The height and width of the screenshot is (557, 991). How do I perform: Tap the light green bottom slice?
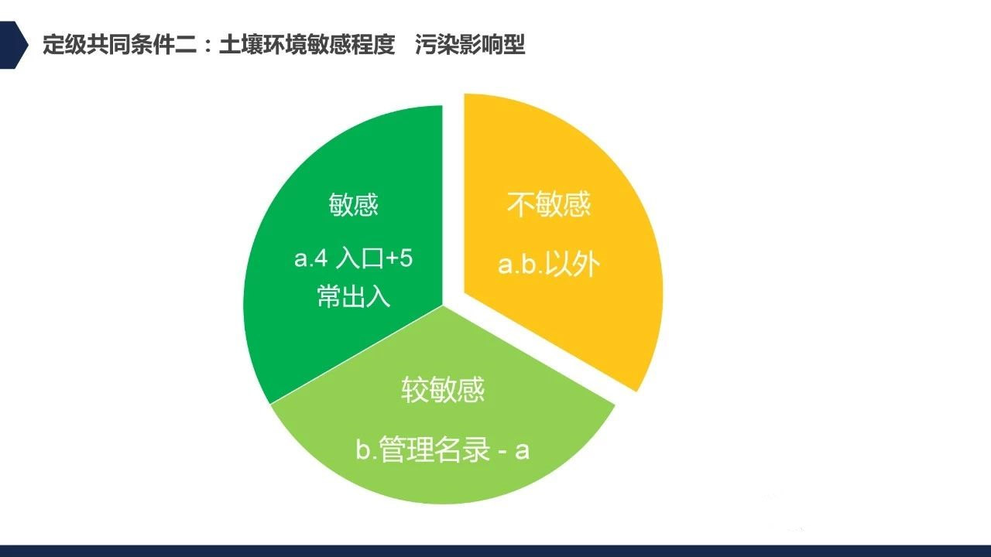442,425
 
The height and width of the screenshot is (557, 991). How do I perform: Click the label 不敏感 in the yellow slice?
549,204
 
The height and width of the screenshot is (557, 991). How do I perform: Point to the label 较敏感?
443,389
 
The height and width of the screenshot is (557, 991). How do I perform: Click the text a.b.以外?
549,264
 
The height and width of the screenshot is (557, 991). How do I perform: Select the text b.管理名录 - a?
442,449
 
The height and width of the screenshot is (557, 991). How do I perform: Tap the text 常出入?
354,296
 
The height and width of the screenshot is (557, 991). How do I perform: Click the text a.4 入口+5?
353,258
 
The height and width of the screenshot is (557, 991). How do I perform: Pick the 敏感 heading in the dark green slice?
354,204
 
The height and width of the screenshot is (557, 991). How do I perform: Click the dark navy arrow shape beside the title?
12,45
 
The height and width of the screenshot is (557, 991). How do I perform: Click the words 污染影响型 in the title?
470,45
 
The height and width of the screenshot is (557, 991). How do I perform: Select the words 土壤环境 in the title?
263,45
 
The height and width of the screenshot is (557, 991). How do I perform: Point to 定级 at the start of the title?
64,45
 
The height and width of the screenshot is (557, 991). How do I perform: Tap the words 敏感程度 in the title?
351,45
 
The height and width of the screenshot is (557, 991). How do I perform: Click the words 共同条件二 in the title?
142,45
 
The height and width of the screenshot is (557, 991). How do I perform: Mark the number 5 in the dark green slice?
406,258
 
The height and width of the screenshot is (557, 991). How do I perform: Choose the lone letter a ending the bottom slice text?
523,451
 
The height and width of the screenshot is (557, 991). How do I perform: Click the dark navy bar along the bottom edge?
495,551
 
